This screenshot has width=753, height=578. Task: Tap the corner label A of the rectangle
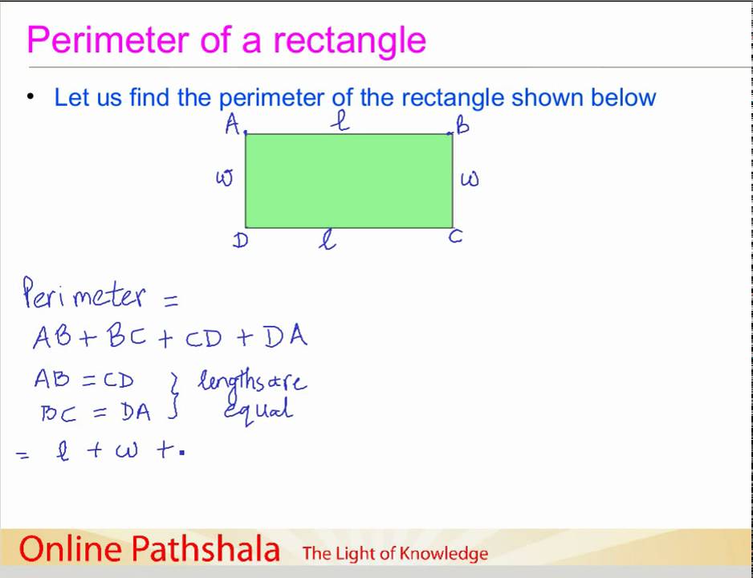click(233, 124)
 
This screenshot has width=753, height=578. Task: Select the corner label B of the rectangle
click(462, 125)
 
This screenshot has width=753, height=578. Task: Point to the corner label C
click(455, 237)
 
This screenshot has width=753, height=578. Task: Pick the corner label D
click(240, 240)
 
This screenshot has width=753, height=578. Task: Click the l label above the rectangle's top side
click(343, 121)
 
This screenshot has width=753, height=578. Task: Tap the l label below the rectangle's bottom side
click(327, 240)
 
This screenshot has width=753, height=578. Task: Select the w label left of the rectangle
click(224, 178)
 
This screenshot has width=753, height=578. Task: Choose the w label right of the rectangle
click(470, 178)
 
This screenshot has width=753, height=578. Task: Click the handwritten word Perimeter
click(84, 295)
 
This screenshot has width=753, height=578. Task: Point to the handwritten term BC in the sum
click(127, 337)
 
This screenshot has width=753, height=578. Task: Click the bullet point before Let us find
click(31, 96)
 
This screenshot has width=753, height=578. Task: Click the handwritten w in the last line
click(126, 451)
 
